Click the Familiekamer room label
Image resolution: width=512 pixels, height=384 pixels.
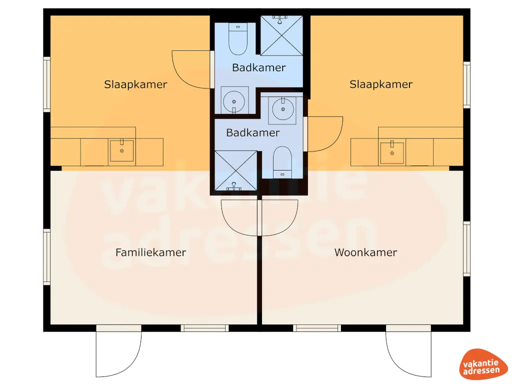coord(150,252)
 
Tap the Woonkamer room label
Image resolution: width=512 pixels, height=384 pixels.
coord(365,252)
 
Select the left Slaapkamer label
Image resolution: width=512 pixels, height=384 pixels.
coord(135,84)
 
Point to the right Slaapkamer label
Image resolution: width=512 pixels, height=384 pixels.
coord(381,84)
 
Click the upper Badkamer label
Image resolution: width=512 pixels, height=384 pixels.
coord(258,67)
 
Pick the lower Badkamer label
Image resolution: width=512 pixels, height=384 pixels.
coord(252,132)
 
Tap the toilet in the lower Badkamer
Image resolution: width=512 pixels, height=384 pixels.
coord(283,161)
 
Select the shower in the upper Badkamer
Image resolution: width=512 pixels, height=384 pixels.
coord(282,35)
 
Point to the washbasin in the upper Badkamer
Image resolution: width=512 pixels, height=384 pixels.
coord(234,99)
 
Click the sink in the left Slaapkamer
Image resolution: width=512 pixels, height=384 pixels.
coord(121,150)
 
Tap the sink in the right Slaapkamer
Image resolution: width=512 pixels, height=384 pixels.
coord(392,152)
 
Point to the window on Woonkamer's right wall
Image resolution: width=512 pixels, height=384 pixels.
coord(466,248)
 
